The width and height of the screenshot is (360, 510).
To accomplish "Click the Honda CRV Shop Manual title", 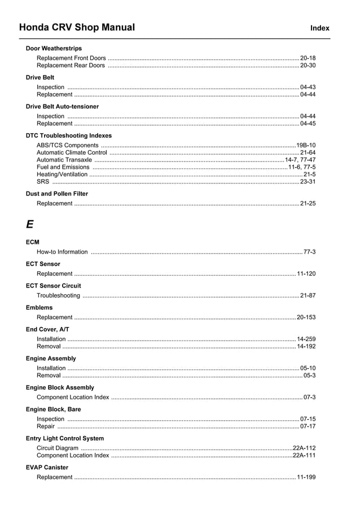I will [x=77, y=27].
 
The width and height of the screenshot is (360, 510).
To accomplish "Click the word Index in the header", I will [x=319, y=28].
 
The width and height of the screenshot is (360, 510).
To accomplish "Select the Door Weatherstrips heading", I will [x=54, y=48].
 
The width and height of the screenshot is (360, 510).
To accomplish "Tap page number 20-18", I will [x=308, y=58].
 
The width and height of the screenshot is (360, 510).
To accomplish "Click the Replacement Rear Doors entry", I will [x=71, y=66].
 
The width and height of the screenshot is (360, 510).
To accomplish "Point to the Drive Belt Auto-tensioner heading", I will [x=62, y=106].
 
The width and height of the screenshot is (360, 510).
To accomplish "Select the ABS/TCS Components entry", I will [x=67, y=145].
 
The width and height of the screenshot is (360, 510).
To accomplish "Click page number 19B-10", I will [x=306, y=145].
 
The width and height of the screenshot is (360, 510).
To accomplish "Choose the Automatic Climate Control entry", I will [x=72, y=152].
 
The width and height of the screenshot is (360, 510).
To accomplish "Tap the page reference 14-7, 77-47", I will [x=300, y=160].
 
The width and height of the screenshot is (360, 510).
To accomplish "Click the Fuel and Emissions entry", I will [x=63, y=167].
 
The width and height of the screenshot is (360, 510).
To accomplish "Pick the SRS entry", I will [x=43, y=182].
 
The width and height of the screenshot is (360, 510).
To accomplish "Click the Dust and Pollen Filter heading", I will [x=57, y=194].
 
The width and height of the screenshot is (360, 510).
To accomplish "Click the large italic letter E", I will [x=29, y=224].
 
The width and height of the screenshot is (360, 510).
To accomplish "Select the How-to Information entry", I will [x=62, y=252].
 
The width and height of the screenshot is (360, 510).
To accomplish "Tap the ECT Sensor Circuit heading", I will [x=53, y=286].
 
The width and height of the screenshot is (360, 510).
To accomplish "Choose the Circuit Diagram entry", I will [x=58, y=448].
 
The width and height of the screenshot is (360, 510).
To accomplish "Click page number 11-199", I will [x=306, y=477].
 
